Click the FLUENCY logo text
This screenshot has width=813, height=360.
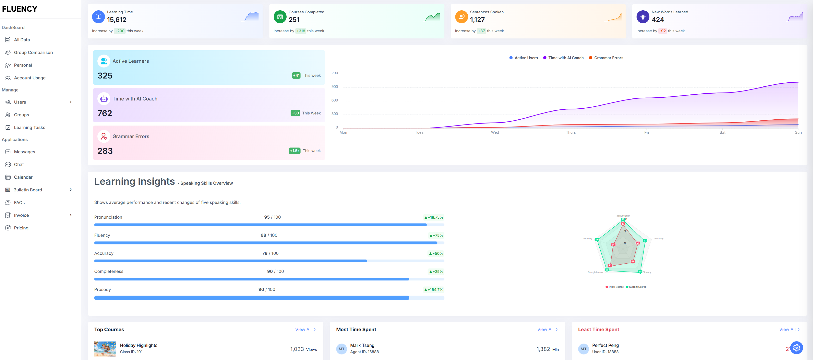pos(20,9)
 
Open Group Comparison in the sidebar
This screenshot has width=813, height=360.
pos(33,52)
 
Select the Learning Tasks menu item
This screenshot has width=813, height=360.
pos(29,127)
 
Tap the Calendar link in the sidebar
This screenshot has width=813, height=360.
pos(23,177)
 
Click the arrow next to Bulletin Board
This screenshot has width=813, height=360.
pos(70,190)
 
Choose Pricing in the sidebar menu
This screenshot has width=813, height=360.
pos(21,228)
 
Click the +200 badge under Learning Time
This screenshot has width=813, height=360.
pos(119,31)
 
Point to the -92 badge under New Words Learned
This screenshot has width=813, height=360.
pos(663,31)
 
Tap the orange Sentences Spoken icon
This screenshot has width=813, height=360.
pos(461,17)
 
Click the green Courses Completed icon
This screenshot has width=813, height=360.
pos(280,17)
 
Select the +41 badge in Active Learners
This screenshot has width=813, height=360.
pos(296,75)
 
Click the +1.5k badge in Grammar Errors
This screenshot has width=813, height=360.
pos(294,151)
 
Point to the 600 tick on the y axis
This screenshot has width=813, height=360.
pos(335,100)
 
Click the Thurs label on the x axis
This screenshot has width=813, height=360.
pos(570,132)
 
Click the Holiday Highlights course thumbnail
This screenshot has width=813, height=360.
pos(105,349)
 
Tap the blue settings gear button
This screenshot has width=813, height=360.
pos(796,348)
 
